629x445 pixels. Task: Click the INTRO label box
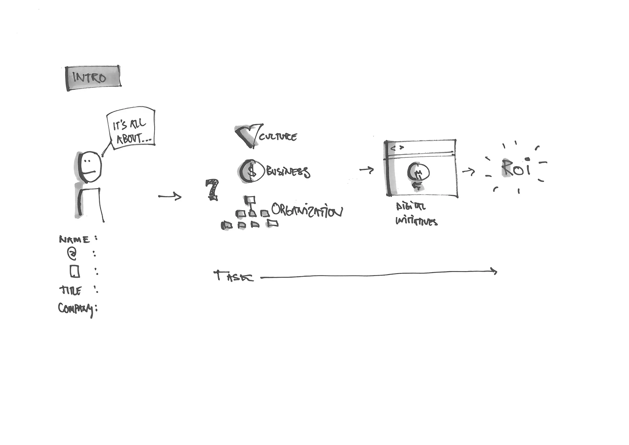click(93, 78)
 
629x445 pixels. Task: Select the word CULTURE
click(278, 136)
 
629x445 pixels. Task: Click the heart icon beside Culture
click(248, 135)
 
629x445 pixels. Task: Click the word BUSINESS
click(288, 172)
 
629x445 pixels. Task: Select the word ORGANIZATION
click(307, 211)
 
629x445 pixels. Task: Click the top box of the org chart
click(250, 200)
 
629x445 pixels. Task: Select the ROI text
click(516, 168)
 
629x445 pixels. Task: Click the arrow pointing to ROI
click(468, 172)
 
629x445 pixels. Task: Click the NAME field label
click(75, 239)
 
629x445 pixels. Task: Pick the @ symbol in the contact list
click(72, 254)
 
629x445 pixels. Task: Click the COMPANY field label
click(75, 309)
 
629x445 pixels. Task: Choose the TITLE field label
click(71, 290)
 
